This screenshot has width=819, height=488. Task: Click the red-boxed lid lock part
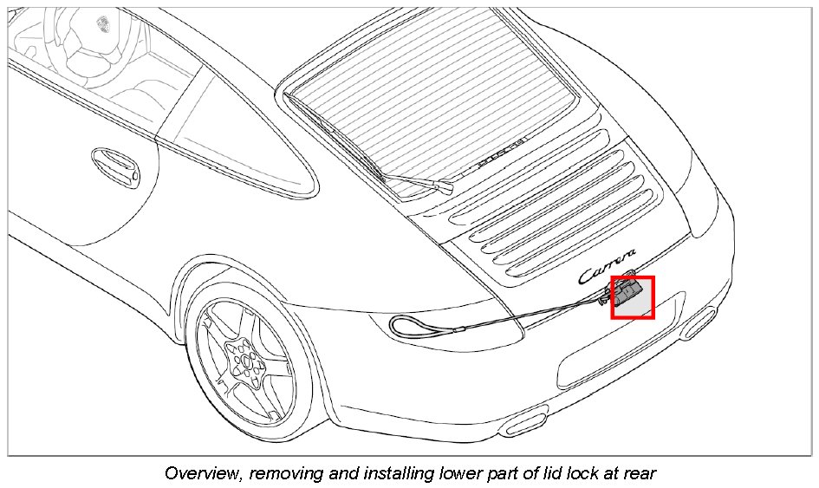coord(633,297)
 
